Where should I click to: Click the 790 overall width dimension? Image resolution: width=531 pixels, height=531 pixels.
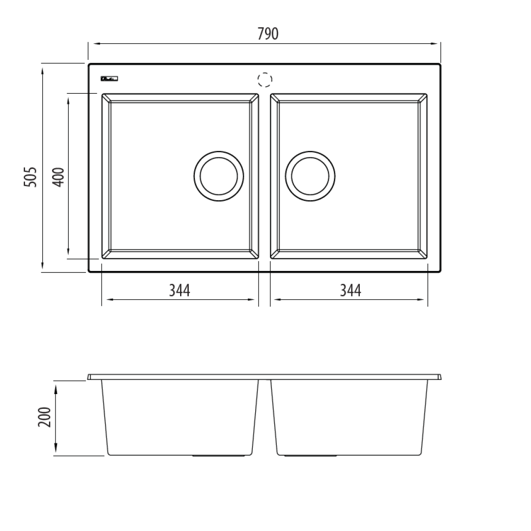point(267,33)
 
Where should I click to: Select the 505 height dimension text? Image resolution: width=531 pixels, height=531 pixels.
point(30,177)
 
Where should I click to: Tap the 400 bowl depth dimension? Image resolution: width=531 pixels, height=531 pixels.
point(58,177)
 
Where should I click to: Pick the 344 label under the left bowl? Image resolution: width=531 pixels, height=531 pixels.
point(179,291)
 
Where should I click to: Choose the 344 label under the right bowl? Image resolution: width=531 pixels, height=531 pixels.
point(350,291)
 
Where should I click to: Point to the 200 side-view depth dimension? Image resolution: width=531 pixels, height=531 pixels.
point(44,417)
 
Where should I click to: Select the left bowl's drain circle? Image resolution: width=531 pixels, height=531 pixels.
point(218,176)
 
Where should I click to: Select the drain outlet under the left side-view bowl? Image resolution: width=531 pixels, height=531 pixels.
point(218,456)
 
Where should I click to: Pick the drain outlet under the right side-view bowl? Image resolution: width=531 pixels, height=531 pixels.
point(311,456)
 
